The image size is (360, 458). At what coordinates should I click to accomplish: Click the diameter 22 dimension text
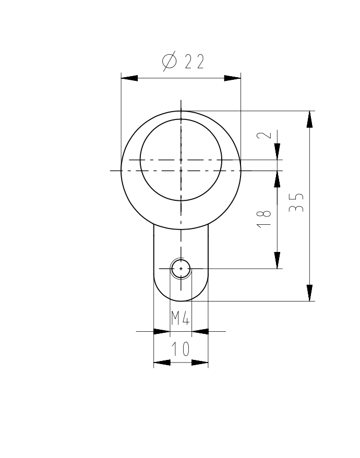[183, 62]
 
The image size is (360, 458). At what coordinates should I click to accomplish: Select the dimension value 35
[296, 202]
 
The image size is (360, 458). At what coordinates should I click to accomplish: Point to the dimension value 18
[264, 219]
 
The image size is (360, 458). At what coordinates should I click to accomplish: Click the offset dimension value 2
[264, 135]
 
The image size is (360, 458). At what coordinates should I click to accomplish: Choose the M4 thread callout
[181, 318]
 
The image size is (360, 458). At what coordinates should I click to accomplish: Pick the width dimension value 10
[181, 349]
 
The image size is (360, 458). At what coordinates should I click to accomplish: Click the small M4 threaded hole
[181, 269]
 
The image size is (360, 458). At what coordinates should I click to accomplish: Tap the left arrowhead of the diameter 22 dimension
[129, 78]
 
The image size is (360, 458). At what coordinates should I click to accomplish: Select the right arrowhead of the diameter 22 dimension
[233, 78]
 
